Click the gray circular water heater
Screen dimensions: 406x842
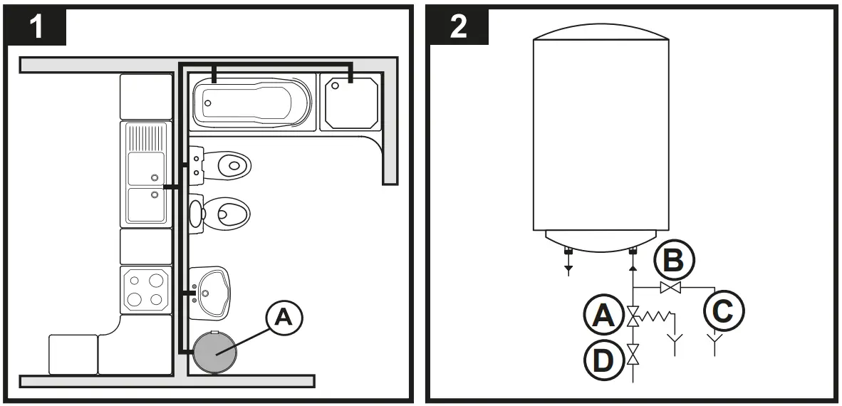pyautogui.click(x=216, y=351)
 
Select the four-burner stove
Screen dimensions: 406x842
pyautogui.click(x=145, y=288)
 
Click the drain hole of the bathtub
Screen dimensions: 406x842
pyautogui.click(x=208, y=103)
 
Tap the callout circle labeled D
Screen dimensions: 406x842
pyautogui.click(x=603, y=360)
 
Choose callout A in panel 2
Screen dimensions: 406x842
pyautogui.click(x=603, y=314)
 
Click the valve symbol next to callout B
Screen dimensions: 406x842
pyautogui.click(x=669, y=288)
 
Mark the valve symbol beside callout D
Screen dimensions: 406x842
pyautogui.click(x=632, y=353)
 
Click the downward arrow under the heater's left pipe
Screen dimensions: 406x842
pyautogui.click(x=568, y=269)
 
